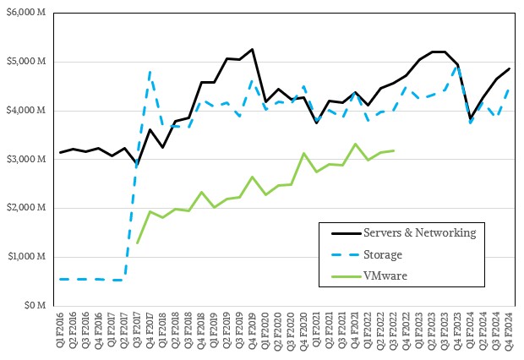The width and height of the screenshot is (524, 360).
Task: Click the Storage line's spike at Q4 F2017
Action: (x=150, y=72)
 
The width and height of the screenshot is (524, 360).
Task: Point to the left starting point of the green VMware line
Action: (x=137, y=243)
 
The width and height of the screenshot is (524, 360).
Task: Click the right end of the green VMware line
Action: (x=393, y=150)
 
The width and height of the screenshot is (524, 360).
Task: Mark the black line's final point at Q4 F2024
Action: (x=509, y=68)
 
